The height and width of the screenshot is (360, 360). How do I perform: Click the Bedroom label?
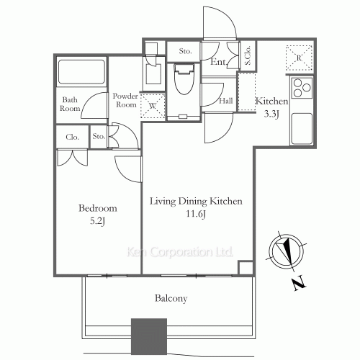point(98,208)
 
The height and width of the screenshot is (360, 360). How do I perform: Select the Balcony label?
point(171,298)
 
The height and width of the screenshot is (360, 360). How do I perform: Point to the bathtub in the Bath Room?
point(81,73)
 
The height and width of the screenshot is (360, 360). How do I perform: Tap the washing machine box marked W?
point(153,106)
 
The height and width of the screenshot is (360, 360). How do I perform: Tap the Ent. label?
point(218,63)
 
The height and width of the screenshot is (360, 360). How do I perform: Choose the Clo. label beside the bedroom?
point(72,136)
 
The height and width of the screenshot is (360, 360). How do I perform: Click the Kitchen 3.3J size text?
point(271,113)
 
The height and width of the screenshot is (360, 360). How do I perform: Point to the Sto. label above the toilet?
point(185,50)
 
